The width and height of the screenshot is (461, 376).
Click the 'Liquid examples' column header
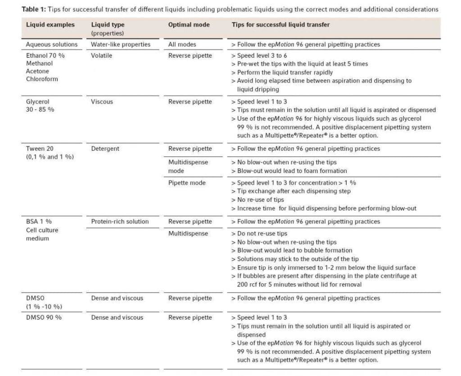(x=50, y=25)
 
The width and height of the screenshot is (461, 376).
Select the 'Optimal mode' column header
(x=189, y=25)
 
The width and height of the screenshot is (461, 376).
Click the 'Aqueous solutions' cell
(x=51, y=44)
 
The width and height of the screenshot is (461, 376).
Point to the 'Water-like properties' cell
(x=121, y=44)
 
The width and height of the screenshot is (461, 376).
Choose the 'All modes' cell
(x=182, y=44)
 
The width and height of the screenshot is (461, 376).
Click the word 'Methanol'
(x=39, y=63)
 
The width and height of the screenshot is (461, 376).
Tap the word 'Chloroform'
(x=42, y=79)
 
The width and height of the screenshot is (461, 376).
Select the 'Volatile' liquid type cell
(x=102, y=56)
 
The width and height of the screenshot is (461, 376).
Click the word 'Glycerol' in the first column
(x=37, y=102)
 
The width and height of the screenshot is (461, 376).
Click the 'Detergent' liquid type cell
(x=105, y=149)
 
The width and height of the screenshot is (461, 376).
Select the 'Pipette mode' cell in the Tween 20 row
(x=187, y=183)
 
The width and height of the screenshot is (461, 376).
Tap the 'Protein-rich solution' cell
(x=120, y=222)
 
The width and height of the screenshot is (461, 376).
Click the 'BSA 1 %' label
(x=39, y=222)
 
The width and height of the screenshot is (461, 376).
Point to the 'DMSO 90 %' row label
(x=44, y=317)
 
